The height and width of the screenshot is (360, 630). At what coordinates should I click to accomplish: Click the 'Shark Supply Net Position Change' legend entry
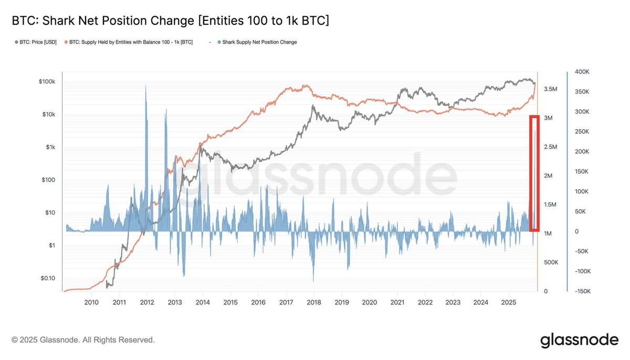[x=258, y=42]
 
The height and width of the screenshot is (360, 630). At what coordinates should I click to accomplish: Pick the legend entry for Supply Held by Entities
[x=128, y=42]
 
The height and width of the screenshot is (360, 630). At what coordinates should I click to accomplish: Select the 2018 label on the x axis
[x=313, y=302]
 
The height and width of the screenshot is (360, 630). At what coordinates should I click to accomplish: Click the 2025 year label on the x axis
[x=508, y=302]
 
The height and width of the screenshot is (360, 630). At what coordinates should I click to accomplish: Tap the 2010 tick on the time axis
[x=91, y=302]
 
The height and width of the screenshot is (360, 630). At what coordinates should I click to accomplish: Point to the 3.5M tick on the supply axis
[x=550, y=90]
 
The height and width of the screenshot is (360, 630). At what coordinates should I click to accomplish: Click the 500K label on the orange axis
[x=550, y=262]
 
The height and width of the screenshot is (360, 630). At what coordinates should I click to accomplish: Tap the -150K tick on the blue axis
[x=583, y=291]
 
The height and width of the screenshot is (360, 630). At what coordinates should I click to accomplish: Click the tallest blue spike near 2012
[x=146, y=105]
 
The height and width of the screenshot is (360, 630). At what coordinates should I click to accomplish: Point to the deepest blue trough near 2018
[x=313, y=278]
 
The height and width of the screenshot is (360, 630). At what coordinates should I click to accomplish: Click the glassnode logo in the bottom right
[x=579, y=340]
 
